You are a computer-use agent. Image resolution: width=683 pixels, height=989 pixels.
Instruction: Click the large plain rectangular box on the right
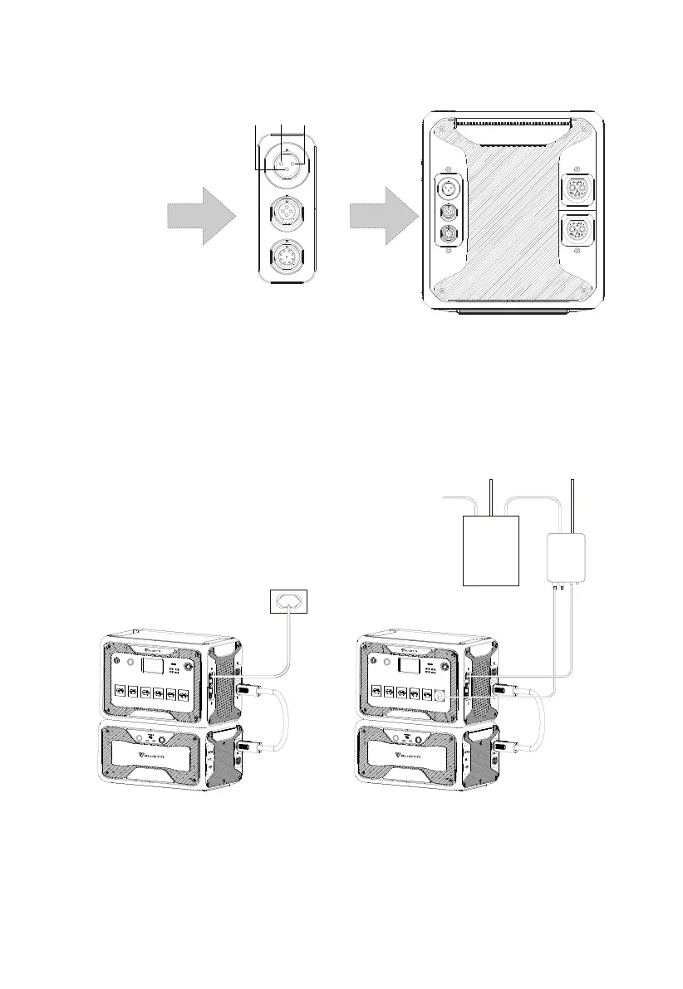(x=489, y=550)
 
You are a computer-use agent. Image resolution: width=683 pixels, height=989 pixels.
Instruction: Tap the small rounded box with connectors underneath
(x=567, y=557)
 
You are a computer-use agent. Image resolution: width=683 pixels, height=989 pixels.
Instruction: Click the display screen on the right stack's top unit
(x=410, y=666)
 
